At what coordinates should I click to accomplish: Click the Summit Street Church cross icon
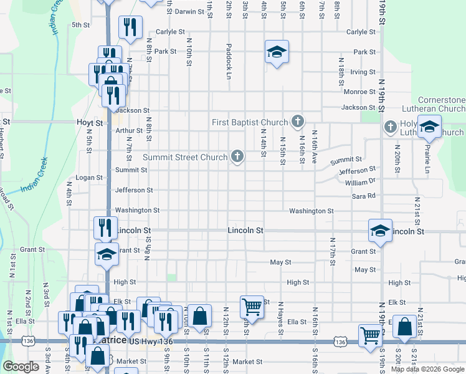click(237, 157)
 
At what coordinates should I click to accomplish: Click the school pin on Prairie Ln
click(429, 127)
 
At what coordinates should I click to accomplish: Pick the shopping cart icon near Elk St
click(252, 306)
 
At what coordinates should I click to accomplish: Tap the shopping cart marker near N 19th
click(370, 336)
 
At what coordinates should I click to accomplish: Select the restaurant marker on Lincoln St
click(105, 228)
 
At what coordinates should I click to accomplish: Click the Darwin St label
click(189, 12)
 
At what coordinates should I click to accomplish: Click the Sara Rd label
click(364, 196)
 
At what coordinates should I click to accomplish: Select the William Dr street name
click(361, 182)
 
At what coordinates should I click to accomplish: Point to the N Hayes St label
click(281, 317)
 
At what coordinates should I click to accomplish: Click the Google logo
click(21, 367)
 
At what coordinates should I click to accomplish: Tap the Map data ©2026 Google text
click(427, 369)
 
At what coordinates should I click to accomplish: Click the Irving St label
click(363, 72)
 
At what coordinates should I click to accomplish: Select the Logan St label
click(88, 178)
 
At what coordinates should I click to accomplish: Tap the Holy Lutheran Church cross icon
click(391, 127)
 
